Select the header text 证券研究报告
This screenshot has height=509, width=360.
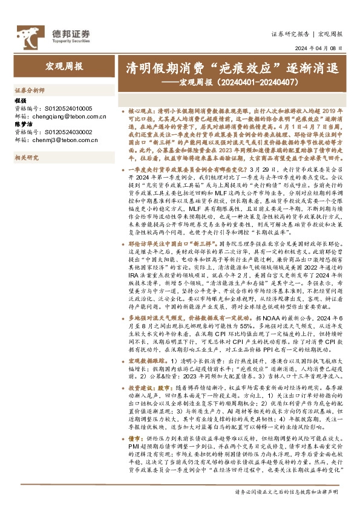point(290,34)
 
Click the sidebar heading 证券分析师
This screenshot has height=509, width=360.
point(30,89)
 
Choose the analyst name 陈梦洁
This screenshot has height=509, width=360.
point(22,125)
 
